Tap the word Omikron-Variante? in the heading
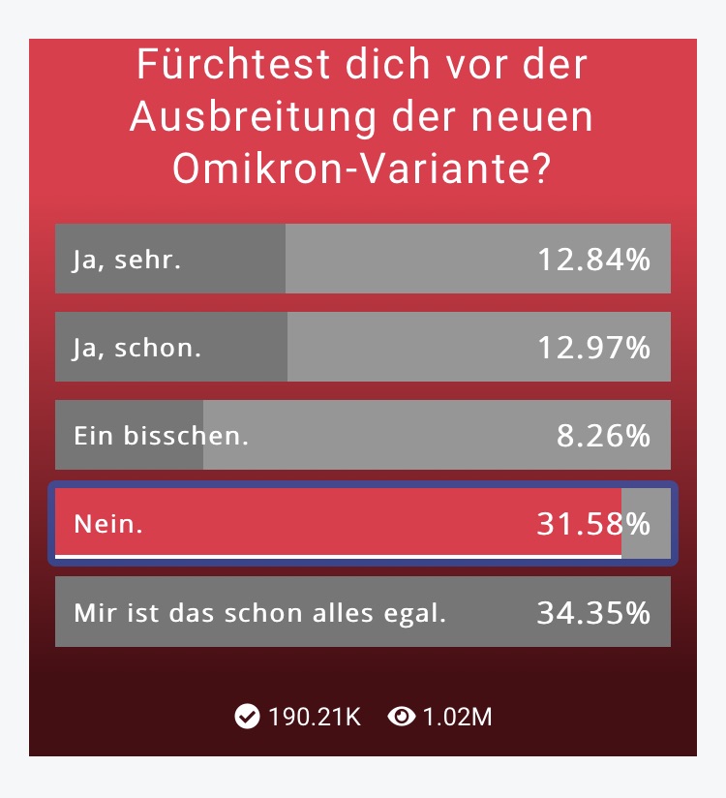[363, 168]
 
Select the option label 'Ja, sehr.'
[127, 260]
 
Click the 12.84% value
[593, 260]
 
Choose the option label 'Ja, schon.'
[137, 348]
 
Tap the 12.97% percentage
[593, 348]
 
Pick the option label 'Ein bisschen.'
[162, 436]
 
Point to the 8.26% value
[603, 436]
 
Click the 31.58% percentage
[593, 524]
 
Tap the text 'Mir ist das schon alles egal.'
[259, 612]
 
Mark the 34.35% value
[593, 612]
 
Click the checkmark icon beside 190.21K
[248, 717]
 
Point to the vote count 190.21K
[315, 718]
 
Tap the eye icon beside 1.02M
[401, 717]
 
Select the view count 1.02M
[458, 718]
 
